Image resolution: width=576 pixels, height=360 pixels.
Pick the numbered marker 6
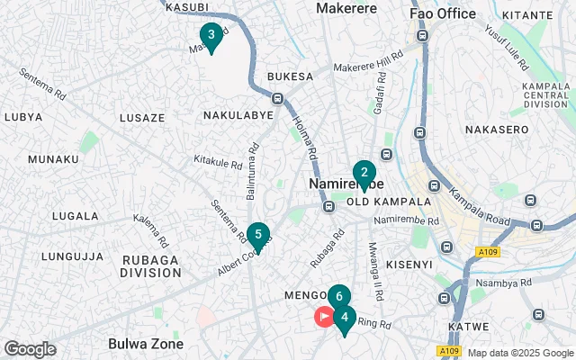pyautogui.click(x=338, y=296)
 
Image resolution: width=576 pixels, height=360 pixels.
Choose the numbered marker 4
pyautogui.click(x=345, y=318)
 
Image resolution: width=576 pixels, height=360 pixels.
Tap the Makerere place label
pyautogui.click(x=346, y=8)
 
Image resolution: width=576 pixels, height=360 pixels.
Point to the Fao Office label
pyautogui.click(x=442, y=13)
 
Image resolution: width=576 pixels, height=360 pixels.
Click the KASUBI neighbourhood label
pyautogui.click(x=187, y=6)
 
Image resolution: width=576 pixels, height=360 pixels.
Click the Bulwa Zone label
pyautogui.click(x=145, y=343)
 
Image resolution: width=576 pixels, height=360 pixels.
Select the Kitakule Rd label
pyautogui.click(x=219, y=164)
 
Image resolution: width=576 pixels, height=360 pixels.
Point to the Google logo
pyautogui.click(x=30, y=349)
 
